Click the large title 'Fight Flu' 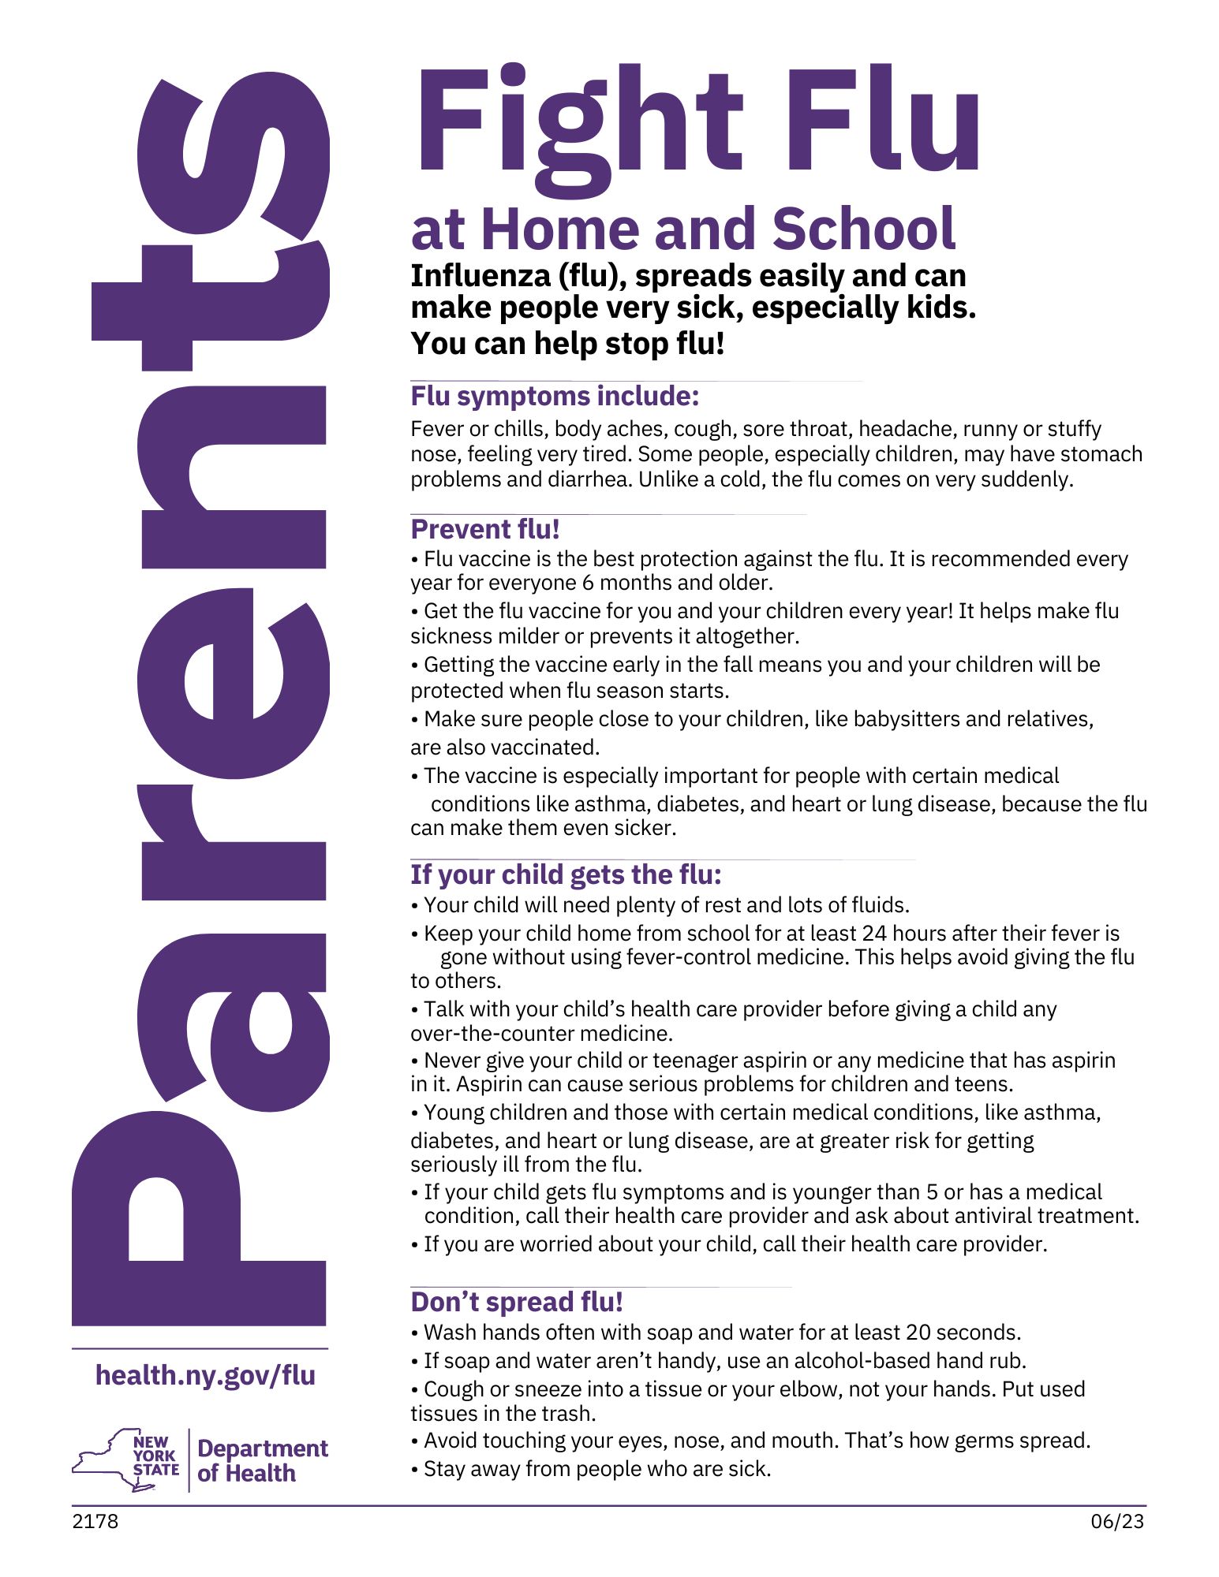pos(697,122)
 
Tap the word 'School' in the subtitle pos(864,229)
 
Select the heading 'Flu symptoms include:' pos(555,396)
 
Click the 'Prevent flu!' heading pos(485,529)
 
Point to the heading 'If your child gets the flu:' pos(566,874)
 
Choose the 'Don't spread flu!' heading pos(517,1302)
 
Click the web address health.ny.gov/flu pos(205,1375)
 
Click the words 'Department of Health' pos(262,1460)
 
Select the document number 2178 pos(95,1521)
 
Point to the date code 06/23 pos(1117,1521)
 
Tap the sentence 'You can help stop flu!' pos(567,344)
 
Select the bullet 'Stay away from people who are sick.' pos(596,1469)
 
